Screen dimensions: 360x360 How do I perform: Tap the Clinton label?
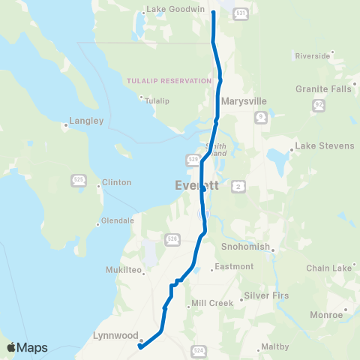(x=116, y=182)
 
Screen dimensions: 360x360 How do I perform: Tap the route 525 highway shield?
(x=79, y=180)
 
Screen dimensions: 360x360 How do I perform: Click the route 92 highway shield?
(x=319, y=106)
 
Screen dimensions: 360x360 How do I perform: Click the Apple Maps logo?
(x=26, y=347)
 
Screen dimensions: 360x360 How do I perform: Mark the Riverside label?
(x=313, y=55)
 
